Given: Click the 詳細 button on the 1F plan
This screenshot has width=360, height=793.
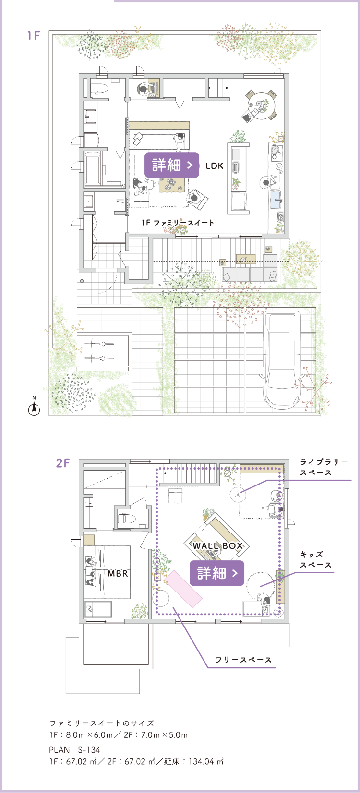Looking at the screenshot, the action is point(171,165).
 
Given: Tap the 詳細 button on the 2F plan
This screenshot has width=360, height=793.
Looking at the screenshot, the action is point(217,573).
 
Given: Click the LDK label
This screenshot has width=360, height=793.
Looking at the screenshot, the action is point(215,166).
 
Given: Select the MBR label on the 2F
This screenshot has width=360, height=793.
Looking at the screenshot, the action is point(118,573).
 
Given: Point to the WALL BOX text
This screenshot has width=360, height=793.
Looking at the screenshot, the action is point(218,545).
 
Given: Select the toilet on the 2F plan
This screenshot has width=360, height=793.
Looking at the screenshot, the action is point(126,519).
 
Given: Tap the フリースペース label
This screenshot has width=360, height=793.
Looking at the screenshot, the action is point(243,660).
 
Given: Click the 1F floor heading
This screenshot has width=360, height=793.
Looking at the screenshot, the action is point(34,36).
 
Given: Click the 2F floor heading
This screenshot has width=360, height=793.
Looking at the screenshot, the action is point(63,463).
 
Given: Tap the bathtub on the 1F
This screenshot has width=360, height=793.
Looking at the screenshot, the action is point(93,168).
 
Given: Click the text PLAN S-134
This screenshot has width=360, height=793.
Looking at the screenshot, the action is point(75,750).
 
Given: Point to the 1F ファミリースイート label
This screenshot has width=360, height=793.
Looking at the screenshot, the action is point(178,223).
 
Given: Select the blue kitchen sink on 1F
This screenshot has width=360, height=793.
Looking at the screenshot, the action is point(276,200).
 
